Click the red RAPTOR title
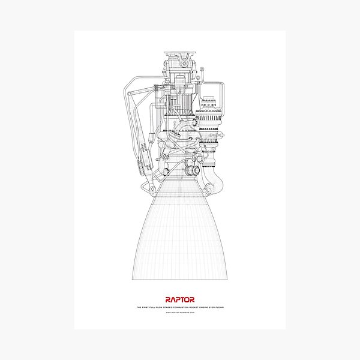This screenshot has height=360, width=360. (180, 299)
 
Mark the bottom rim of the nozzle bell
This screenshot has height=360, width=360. (180, 278)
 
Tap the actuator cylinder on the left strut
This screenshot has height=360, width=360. (144, 153)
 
